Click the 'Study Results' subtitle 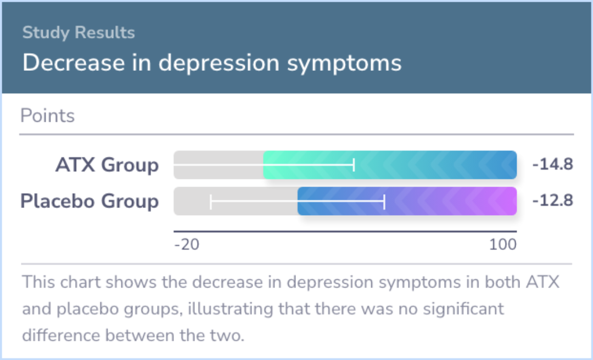point(79,32)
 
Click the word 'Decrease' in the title point(74,63)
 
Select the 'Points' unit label point(47,115)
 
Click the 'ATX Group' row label point(107,165)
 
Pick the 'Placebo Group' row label point(89,201)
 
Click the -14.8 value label point(552,165)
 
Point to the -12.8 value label point(552,200)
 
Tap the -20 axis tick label point(187,245)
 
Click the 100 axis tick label point(502,245)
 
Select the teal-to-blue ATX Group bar point(390,165)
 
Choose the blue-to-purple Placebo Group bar point(407,201)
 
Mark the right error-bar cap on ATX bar point(354,165)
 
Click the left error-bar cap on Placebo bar point(211,201)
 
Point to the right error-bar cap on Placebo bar point(384,201)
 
